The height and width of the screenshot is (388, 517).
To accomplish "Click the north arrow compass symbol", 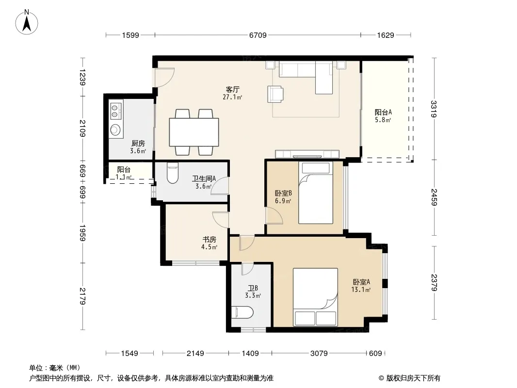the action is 27,22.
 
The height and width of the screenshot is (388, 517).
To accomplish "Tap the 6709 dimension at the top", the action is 258,35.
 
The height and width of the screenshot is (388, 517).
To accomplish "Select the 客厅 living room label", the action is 232,89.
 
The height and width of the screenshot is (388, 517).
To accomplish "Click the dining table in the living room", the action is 194,132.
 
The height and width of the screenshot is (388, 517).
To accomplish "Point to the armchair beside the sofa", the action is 275,94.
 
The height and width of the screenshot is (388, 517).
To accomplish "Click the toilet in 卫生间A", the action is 173,173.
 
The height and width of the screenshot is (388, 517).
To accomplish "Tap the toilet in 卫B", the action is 242,312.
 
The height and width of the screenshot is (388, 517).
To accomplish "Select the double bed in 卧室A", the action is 315,297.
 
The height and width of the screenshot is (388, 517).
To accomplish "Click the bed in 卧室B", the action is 316,193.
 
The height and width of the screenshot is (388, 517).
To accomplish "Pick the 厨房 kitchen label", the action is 138,144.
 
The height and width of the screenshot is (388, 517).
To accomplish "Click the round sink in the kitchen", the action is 115,129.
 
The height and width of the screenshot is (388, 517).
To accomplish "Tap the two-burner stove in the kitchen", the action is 115,111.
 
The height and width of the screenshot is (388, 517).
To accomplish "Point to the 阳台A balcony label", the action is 383,112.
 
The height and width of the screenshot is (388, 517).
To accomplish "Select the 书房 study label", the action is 209,239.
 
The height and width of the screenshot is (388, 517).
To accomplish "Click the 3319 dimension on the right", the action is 434,109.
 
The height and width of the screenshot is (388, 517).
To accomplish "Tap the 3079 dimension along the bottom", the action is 319,354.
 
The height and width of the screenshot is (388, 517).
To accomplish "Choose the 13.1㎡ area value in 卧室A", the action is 361,290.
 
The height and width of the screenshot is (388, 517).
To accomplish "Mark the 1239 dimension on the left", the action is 82,77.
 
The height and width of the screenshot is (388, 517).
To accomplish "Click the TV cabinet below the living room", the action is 307,154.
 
